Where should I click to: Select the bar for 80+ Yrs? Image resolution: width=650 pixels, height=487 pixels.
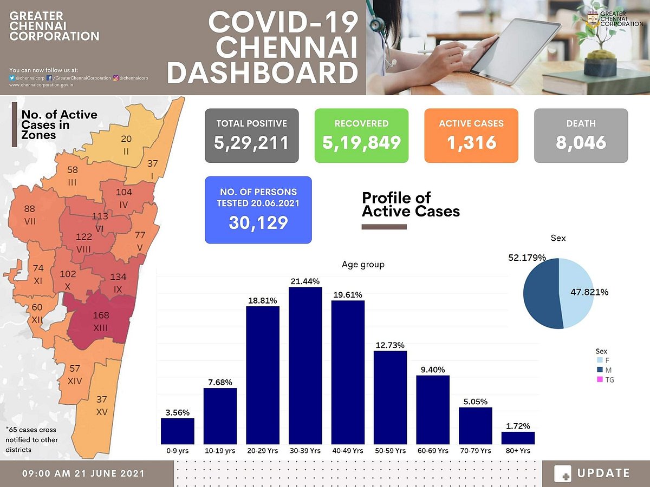(518, 438)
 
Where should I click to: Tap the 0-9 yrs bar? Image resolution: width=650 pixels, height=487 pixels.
(178, 431)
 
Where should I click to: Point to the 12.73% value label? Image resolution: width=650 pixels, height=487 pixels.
(390, 345)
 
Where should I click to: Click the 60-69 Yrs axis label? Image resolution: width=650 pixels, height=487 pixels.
(433, 450)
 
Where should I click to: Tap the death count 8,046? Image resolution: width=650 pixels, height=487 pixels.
(581, 142)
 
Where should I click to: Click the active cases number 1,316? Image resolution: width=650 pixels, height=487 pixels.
(471, 142)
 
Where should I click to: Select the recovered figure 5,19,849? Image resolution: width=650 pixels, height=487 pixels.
(361, 142)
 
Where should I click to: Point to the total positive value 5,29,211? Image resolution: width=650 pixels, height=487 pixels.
(251, 142)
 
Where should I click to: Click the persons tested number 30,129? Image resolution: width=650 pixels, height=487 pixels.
(258, 222)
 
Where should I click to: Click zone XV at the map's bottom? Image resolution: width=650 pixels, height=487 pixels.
(101, 406)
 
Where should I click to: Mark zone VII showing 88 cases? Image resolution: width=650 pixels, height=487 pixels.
(30, 215)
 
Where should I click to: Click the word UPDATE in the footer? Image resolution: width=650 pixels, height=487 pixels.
(603, 473)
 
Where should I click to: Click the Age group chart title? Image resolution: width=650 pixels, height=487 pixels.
(363, 265)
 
